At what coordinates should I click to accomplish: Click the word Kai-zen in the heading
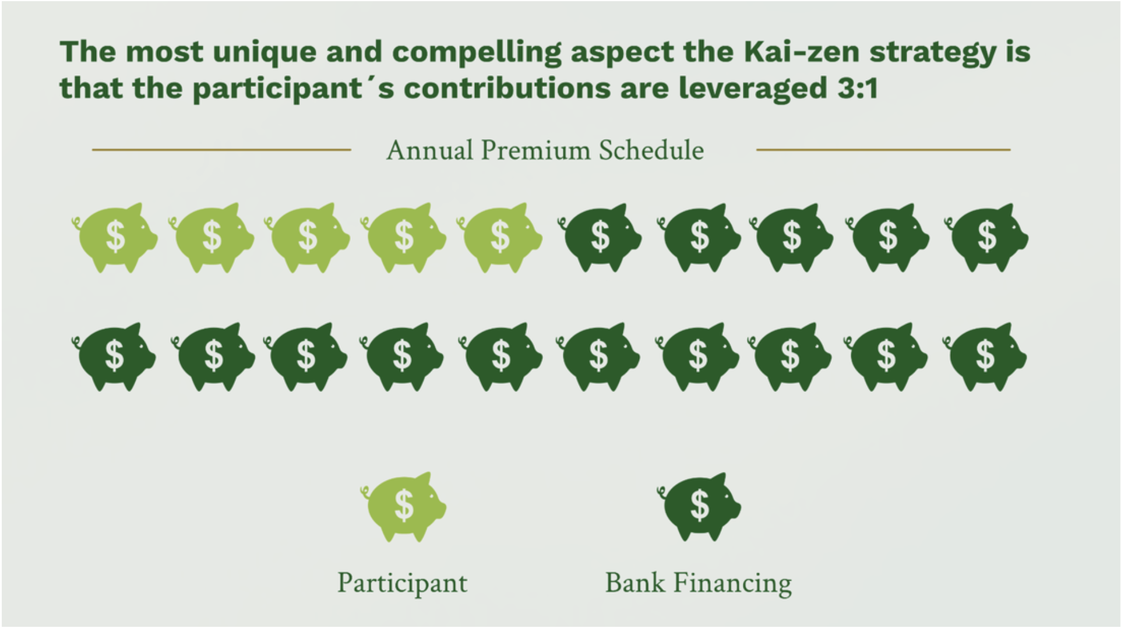coord(801,52)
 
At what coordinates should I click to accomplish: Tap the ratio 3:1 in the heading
coord(858,89)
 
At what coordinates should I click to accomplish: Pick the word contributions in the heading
coord(506,89)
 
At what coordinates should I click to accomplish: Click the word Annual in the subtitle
coord(430,150)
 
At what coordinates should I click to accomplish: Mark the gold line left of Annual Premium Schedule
coord(221,150)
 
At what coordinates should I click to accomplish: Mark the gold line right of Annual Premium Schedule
coord(883,150)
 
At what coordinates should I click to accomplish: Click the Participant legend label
coord(403,583)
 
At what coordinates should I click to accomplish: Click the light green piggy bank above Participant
coord(403,506)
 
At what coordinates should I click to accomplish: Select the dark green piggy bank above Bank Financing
coord(699,506)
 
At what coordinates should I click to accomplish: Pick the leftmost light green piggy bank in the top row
coord(115,237)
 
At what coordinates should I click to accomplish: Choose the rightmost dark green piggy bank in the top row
coord(986,237)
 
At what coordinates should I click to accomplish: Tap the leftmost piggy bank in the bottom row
coord(114,356)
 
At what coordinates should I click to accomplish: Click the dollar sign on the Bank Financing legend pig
coord(699,504)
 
